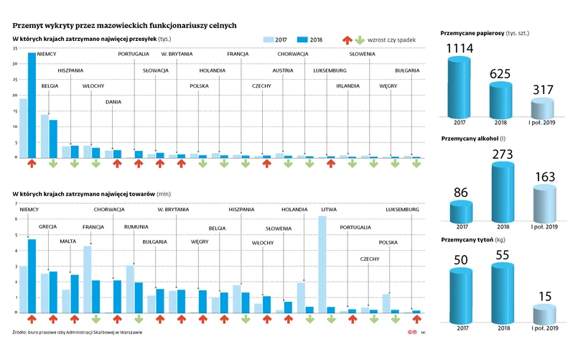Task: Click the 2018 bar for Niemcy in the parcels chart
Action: click(x=32, y=105)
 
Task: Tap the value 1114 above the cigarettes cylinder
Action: click(x=460, y=49)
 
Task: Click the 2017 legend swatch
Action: click(x=269, y=40)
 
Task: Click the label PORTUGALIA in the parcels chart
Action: click(x=134, y=54)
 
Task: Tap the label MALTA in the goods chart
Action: click(x=67, y=241)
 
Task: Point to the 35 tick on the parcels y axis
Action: click(x=15, y=48)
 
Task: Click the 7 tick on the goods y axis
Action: click(x=15, y=203)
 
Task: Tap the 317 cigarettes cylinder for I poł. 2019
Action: click(x=544, y=109)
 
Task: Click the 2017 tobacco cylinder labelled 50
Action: click(x=460, y=294)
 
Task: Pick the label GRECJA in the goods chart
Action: click(x=47, y=226)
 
